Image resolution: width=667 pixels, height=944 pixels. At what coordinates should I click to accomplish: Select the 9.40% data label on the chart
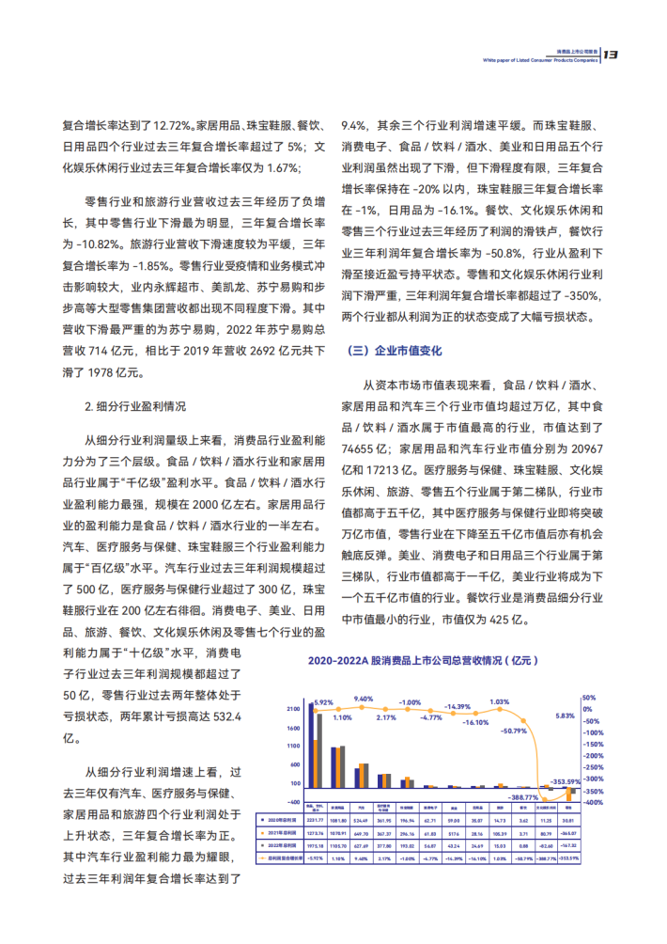pyautogui.click(x=362, y=698)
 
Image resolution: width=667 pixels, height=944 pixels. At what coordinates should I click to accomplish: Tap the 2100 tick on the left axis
pyautogui.click(x=294, y=708)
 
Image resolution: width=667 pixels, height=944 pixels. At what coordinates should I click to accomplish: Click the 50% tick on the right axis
pyautogui.click(x=588, y=698)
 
